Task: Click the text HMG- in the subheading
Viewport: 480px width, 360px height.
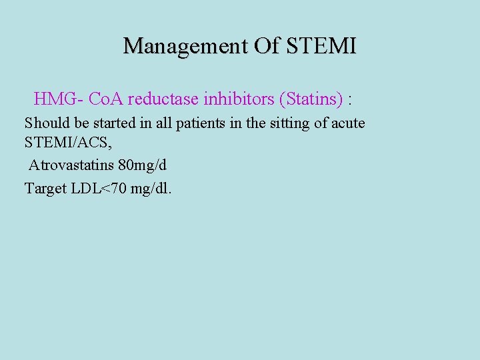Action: (x=59, y=100)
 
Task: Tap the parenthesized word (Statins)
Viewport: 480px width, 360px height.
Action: (x=311, y=100)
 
